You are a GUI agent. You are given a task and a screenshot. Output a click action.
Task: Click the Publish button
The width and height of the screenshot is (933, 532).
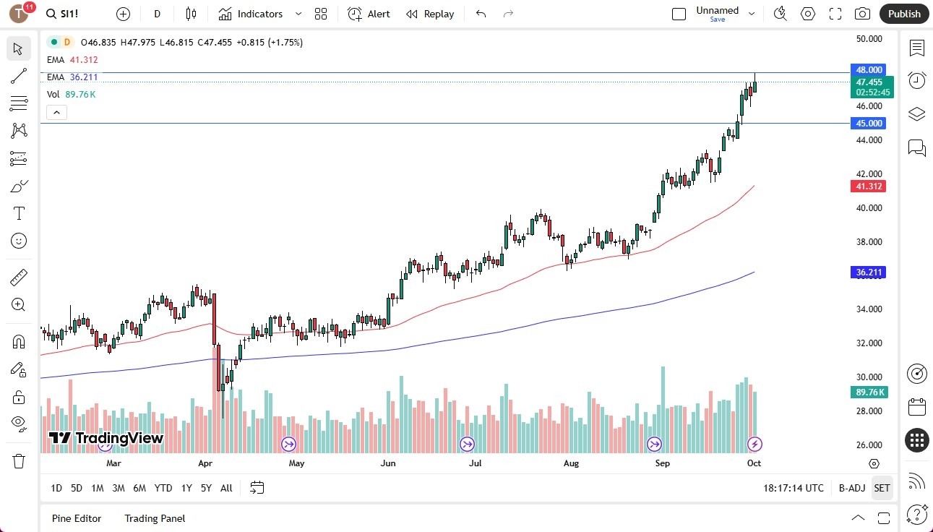pyautogui.click(x=904, y=14)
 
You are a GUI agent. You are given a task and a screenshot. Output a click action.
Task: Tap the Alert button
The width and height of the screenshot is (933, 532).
pyautogui.click(x=369, y=14)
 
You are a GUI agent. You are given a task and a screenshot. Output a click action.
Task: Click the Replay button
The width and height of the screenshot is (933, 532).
pyautogui.click(x=430, y=14)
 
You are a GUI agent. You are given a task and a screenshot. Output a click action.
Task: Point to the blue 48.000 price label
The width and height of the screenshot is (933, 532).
pyautogui.click(x=869, y=70)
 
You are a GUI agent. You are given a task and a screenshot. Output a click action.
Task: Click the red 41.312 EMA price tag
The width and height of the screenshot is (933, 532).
pyautogui.click(x=869, y=186)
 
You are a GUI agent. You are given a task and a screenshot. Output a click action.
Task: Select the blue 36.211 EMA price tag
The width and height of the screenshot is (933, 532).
pyautogui.click(x=869, y=273)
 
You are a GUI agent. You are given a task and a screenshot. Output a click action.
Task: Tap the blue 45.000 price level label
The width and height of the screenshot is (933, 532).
pyautogui.click(x=869, y=124)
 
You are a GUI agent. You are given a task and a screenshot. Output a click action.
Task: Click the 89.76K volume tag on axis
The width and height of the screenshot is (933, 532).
pyautogui.click(x=869, y=392)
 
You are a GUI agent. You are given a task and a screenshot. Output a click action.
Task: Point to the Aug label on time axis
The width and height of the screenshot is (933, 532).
pyautogui.click(x=571, y=463)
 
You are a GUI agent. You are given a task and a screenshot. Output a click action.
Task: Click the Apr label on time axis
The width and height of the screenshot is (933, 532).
pyautogui.click(x=205, y=463)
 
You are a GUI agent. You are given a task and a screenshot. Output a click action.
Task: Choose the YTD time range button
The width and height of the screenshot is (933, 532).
pyautogui.click(x=163, y=488)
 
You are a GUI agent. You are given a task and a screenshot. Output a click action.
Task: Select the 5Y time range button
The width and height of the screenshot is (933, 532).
pyautogui.click(x=206, y=488)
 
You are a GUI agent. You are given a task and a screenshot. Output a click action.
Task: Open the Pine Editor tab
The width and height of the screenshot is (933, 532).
pyautogui.click(x=77, y=518)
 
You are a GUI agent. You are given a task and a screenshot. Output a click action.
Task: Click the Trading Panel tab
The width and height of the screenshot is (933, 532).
pyautogui.click(x=155, y=518)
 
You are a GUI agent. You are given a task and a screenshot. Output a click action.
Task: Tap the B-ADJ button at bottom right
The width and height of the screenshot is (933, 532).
pyautogui.click(x=851, y=488)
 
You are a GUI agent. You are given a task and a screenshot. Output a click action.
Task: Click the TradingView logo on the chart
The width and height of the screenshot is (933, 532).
pyautogui.click(x=106, y=438)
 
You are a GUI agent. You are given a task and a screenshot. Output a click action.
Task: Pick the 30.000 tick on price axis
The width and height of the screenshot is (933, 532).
pyautogui.click(x=869, y=377)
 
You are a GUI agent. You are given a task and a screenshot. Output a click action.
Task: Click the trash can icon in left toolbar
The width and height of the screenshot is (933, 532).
pyautogui.click(x=19, y=461)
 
